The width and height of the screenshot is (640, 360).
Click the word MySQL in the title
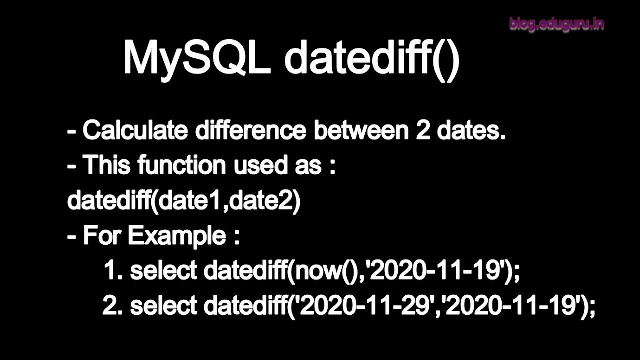click(196, 58)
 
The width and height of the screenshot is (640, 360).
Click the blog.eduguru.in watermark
click(556, 24)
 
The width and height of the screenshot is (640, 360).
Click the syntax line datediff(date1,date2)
click(184, 200)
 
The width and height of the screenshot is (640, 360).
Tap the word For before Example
click(102, 235)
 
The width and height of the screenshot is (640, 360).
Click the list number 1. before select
click(113, 271)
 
